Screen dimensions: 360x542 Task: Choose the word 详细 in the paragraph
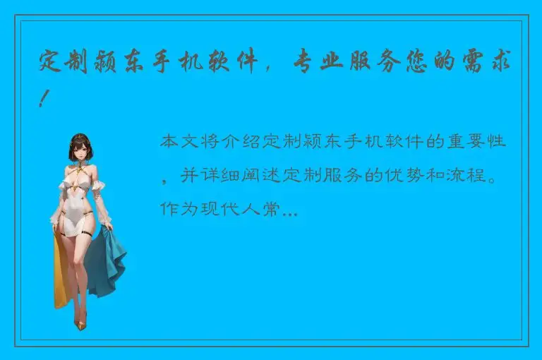coord(222,175)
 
